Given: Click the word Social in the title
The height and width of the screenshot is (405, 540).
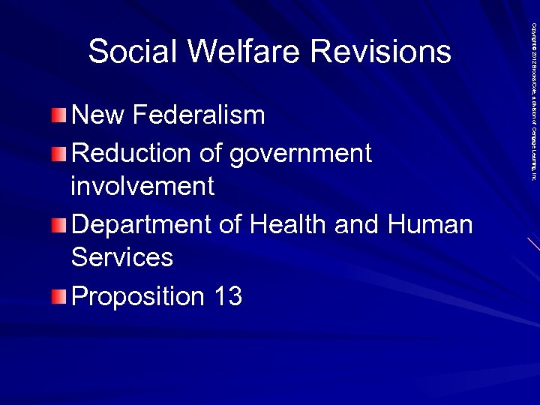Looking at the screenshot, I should pyautogui.click(x=133, y=52).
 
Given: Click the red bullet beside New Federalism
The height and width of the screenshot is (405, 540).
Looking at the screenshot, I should pyautogui.click(x=60, y=115).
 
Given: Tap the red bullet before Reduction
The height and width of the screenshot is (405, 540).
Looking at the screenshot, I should pyautogui.click(x=60, y=154).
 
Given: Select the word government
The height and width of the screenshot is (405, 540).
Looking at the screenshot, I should pyautogui.click(x=300, y=154).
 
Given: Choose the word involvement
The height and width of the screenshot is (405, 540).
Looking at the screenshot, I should pyautogui.click(x=142, y=186).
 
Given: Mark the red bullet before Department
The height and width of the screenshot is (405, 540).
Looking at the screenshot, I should pyautogui.click(x=60, y=224).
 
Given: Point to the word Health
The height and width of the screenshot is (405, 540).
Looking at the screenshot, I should pyautogui.click(x=284, y=224).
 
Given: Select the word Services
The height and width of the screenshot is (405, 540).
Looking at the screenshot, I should pyautogui.click(x=121, y=257).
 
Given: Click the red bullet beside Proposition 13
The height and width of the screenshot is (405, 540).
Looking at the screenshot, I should pyautogui.click(x=60, y=297).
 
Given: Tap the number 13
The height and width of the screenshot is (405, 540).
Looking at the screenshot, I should pyautogui.click(x=227, y=297).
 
